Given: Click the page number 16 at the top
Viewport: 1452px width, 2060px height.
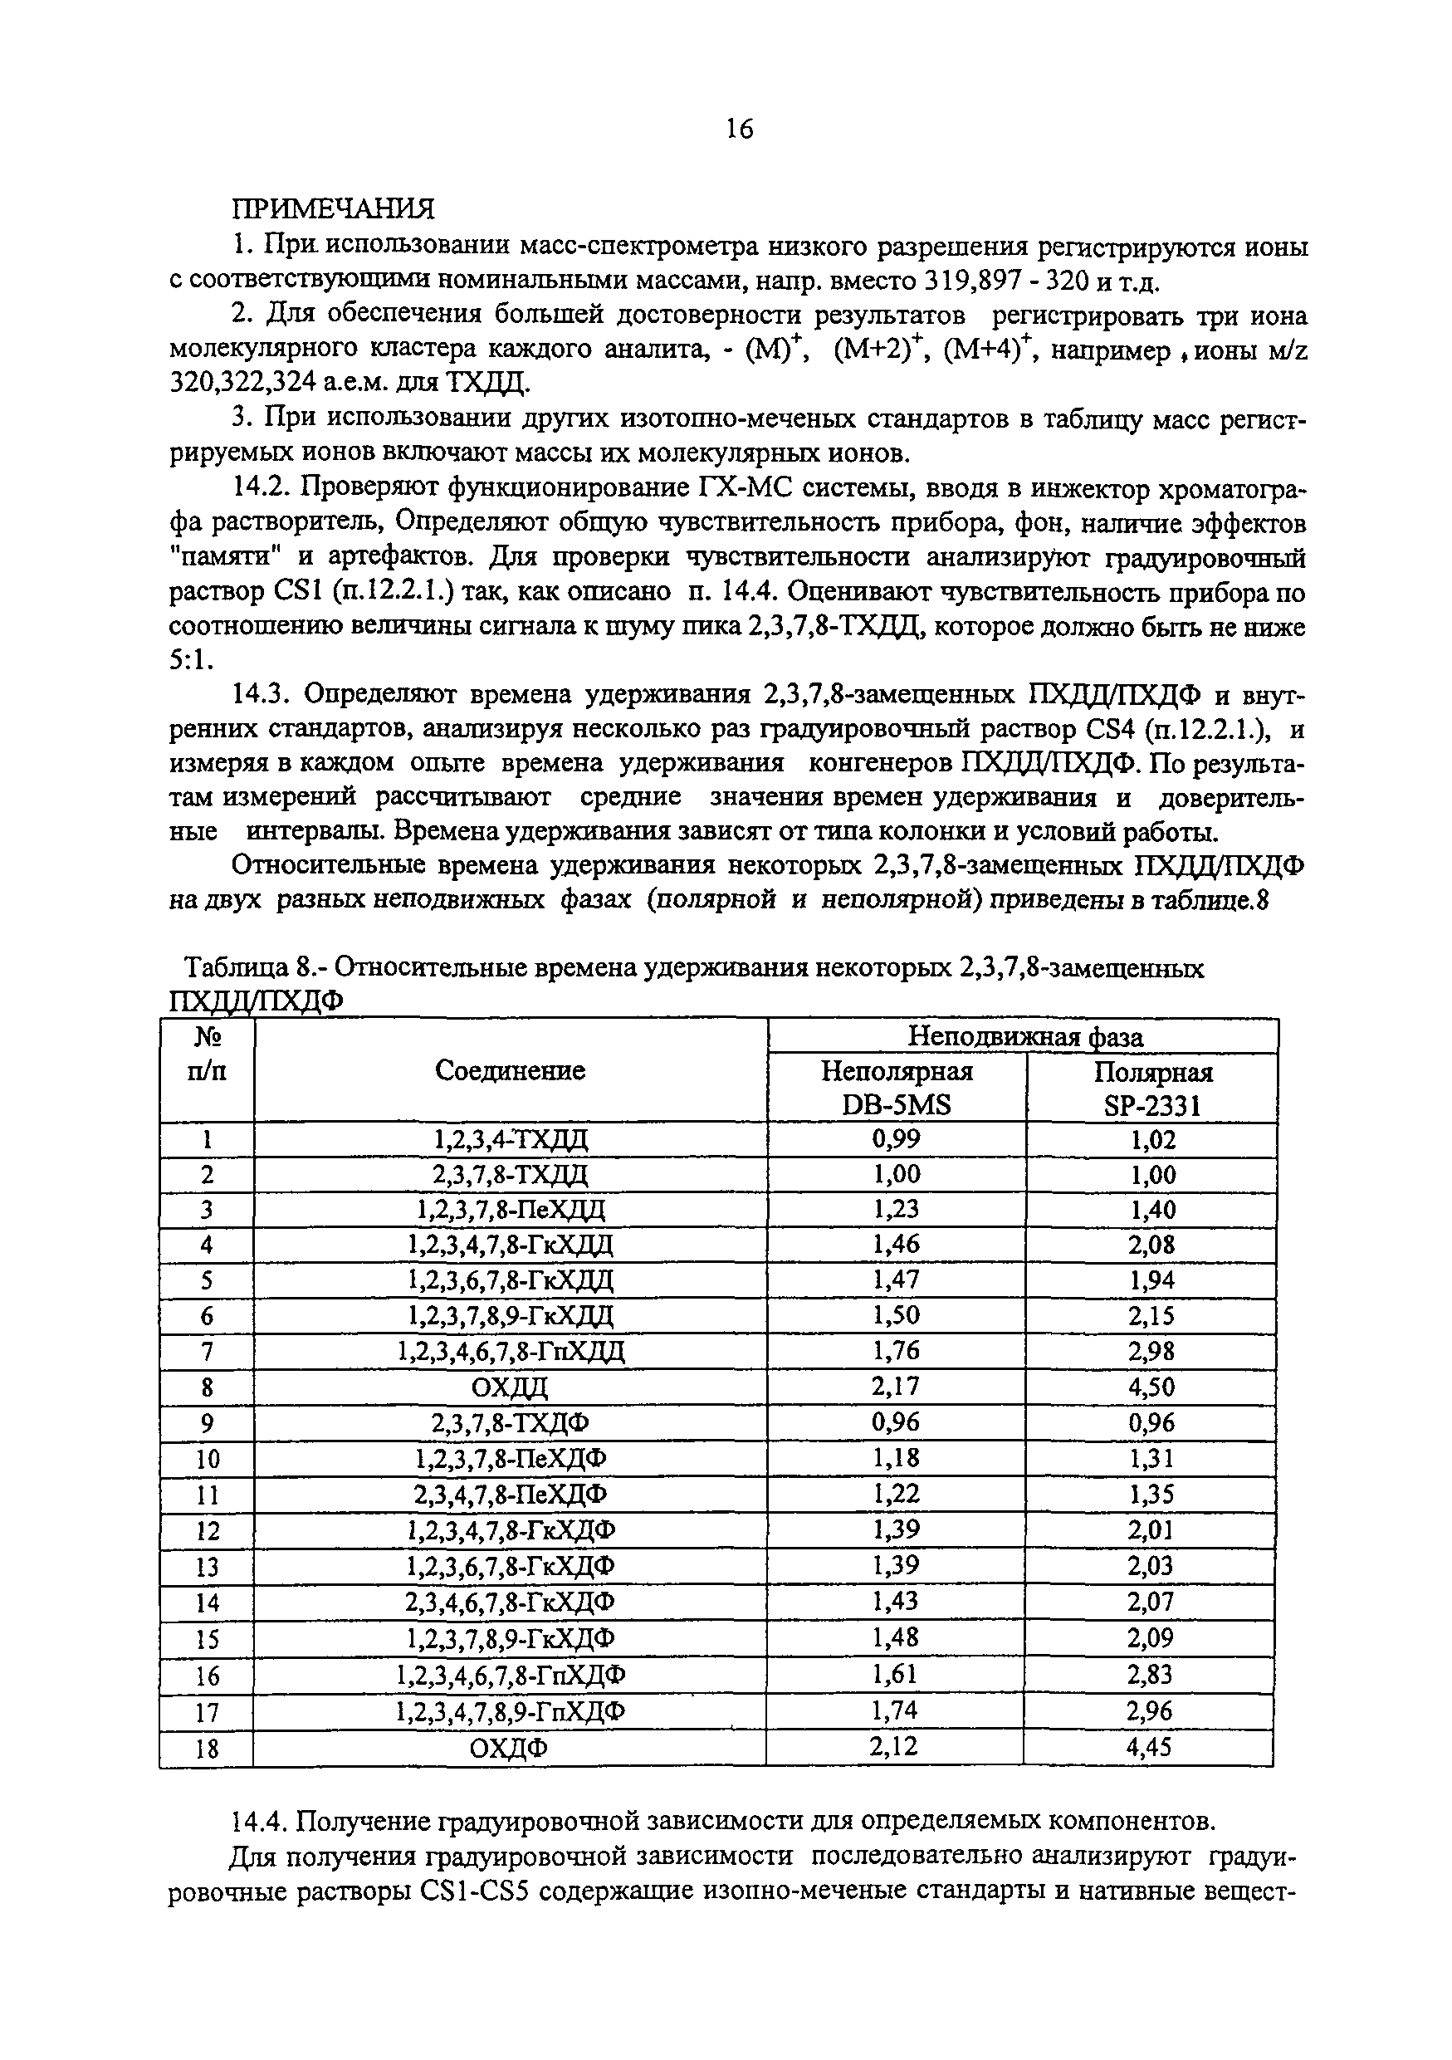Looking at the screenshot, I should click(x=740, y=130).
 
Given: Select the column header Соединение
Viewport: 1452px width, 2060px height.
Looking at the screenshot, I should click(x=510, y=1069).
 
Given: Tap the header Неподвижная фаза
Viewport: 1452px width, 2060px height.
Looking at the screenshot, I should click(x=1025, y=1037).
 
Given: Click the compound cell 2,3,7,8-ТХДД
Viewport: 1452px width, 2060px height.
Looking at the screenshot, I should click(x=510, y=1174).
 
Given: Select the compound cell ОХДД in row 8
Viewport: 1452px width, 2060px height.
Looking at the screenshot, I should click(x=510, y=1388).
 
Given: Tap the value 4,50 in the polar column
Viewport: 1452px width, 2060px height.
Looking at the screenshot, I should click(x=1151, y=1388).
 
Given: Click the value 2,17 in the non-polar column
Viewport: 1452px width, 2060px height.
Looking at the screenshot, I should click(x=896, y=1387).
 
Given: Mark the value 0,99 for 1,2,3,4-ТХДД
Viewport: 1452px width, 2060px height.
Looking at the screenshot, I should click(x=896, y=1139).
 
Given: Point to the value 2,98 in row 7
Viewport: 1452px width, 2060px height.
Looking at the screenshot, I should click(x=1151, y=1351).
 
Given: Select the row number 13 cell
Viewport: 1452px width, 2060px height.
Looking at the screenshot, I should click(x=208, y=1568).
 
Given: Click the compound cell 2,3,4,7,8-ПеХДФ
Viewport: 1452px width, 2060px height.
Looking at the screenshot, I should click(x=510, y=1495).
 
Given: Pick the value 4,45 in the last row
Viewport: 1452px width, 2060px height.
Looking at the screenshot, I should click(x=1151, y=1747).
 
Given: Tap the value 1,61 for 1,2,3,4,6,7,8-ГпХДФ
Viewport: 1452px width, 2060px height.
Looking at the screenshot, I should click(x=896, y=1674).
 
